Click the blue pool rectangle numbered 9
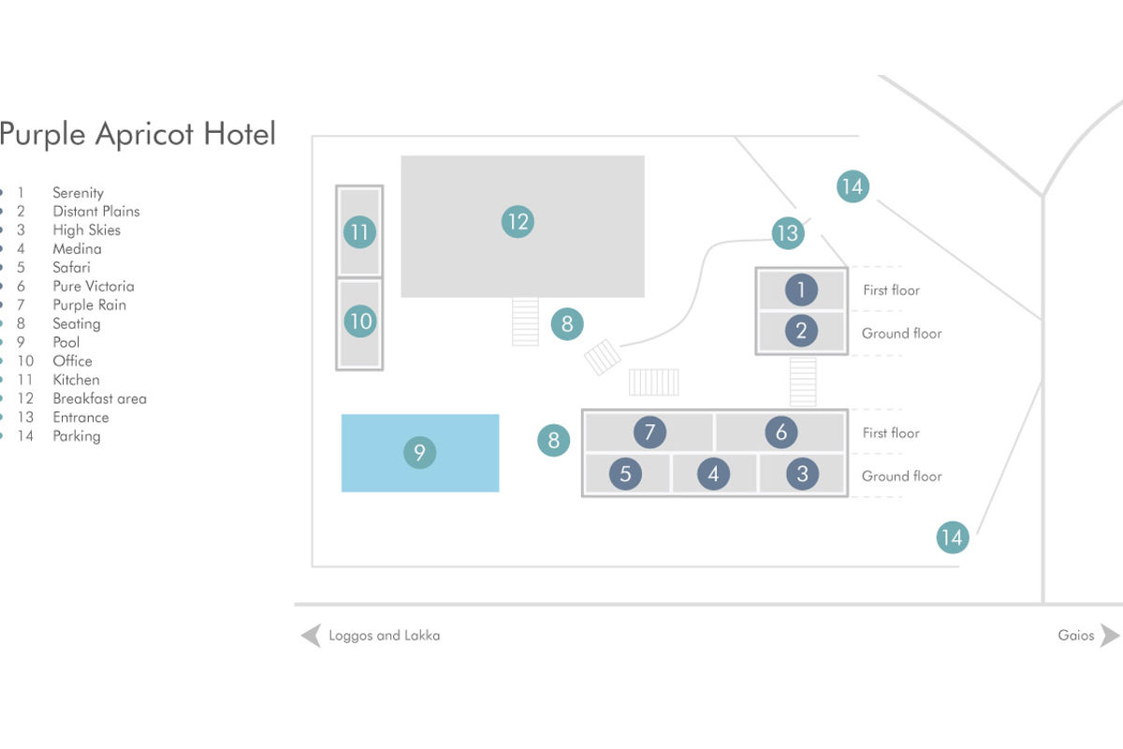[x=420, y=453]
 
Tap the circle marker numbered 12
[x=518, y=222]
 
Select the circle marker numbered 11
[x=359, y=232]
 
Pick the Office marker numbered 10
[x=360, y=321]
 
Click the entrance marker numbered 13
[x=788, y=233]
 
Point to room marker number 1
[x=801, y=290]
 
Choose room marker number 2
[x=801, y=330]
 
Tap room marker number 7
[x=649, y=432]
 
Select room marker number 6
[x=781, y=432]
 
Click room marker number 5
[x=625, y=474]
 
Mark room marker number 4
[x=713, y=474]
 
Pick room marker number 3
[x=802, y=474]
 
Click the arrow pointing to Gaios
[x=1110, y=636]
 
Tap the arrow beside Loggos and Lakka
[x=311, y=636]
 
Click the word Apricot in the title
[x=144, y=135]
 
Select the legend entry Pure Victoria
[x=94, y=286]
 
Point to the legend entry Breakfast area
[x=100, y=399]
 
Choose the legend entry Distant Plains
[x=96, y=212]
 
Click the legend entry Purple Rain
[x=89, y=305]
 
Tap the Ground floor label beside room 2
[x=901, y=333]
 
